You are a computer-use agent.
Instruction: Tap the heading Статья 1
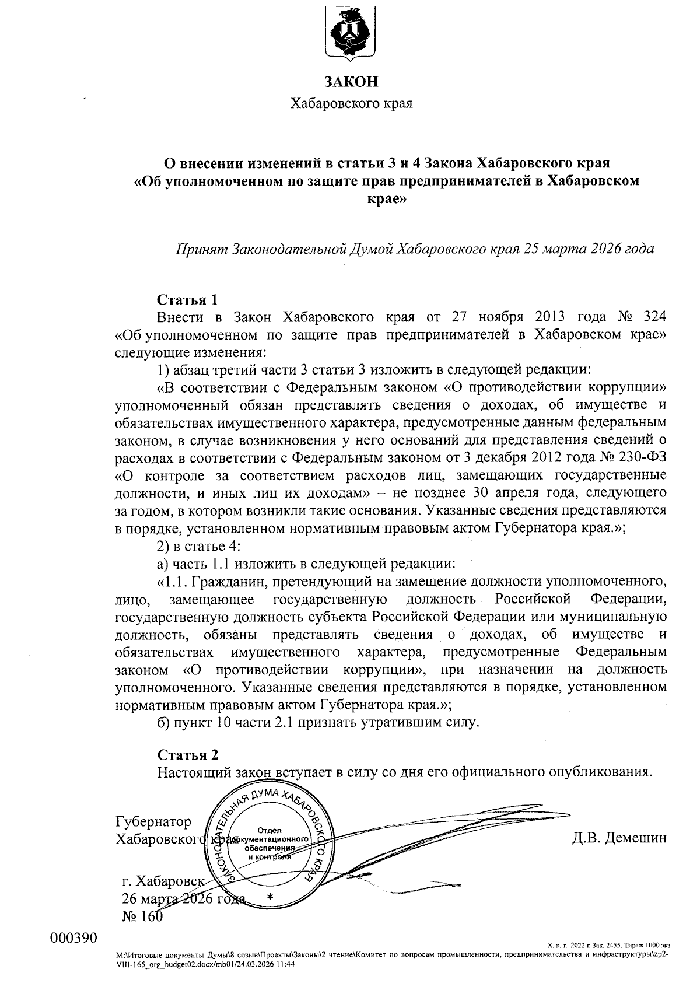187,300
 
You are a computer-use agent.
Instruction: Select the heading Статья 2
187,754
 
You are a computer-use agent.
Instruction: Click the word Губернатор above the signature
153,821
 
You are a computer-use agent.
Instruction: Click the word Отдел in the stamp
269,830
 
